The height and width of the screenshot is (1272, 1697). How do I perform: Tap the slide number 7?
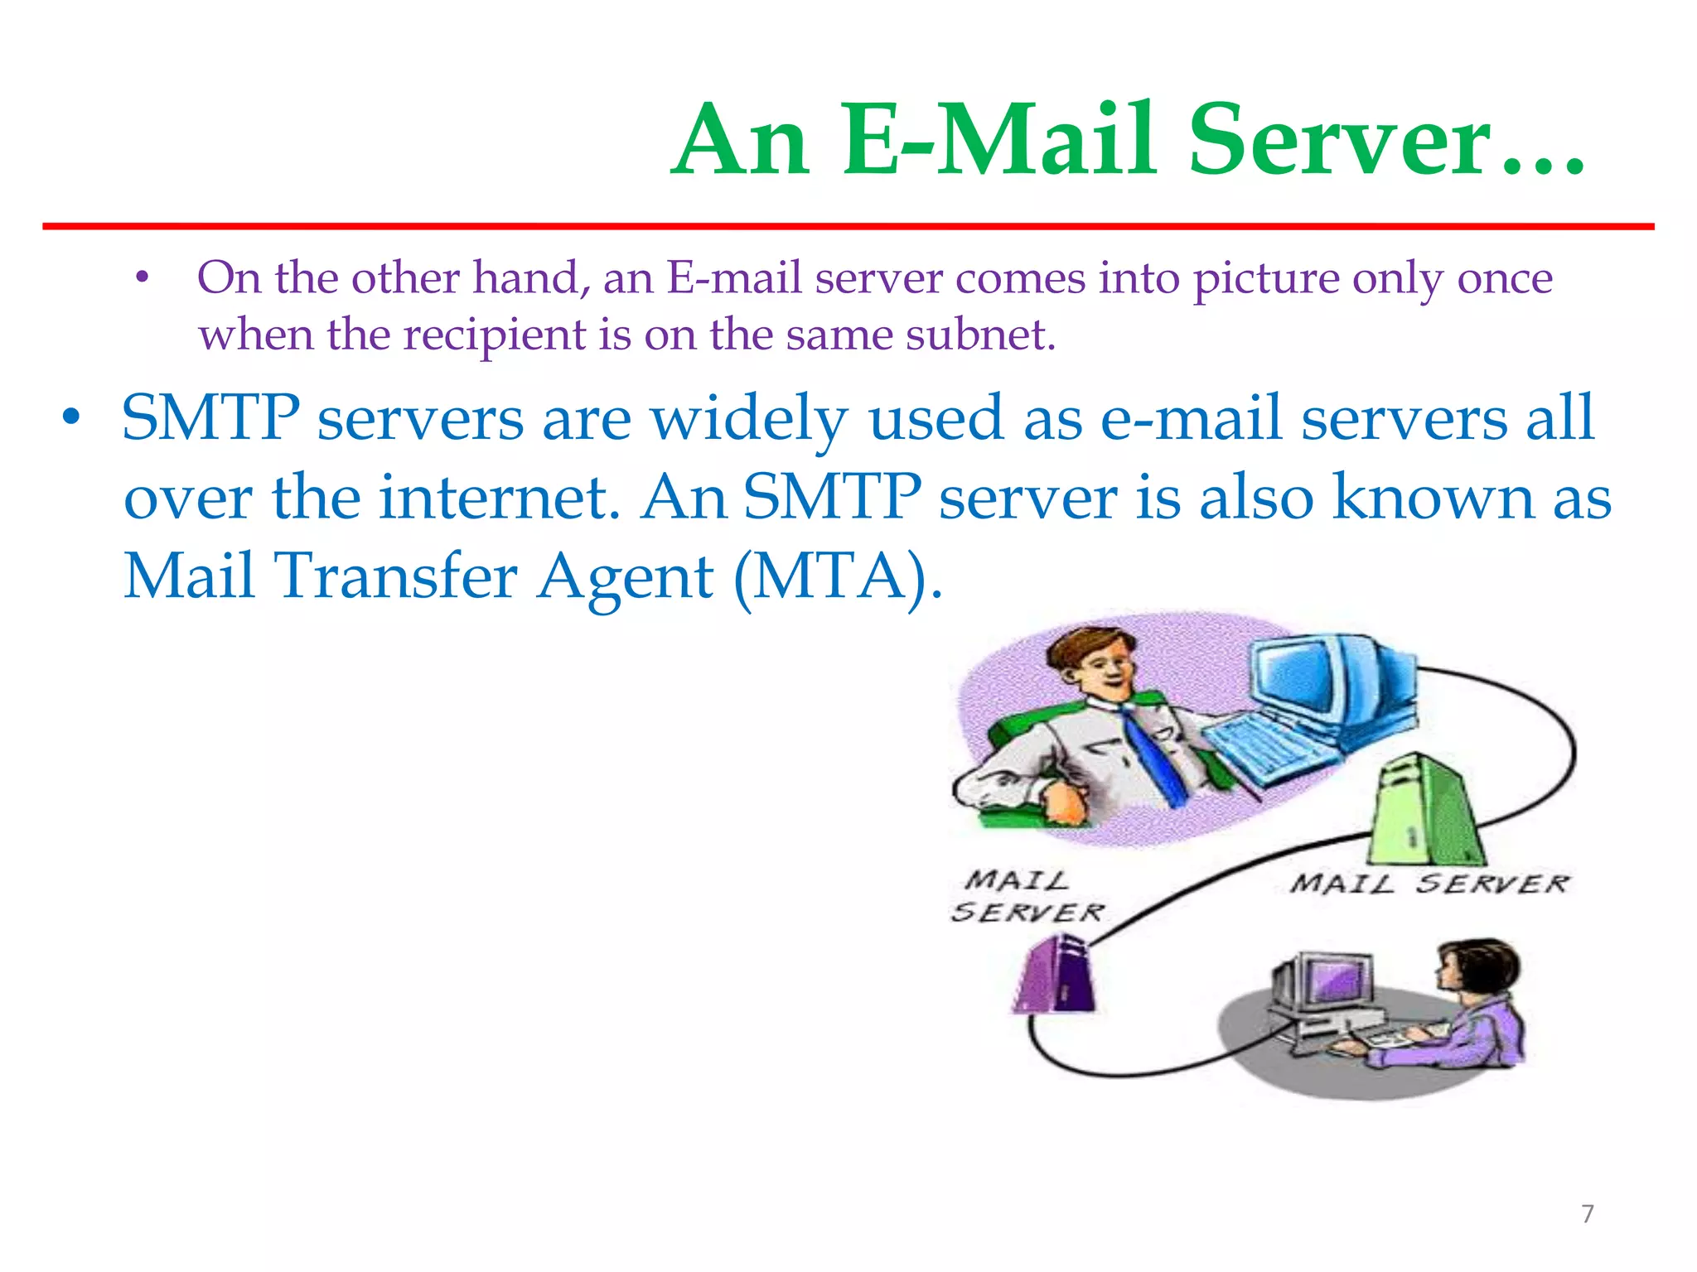[1588, 1214]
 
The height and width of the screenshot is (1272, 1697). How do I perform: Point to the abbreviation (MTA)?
[838, 577]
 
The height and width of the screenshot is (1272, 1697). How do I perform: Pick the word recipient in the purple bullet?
[495, 336]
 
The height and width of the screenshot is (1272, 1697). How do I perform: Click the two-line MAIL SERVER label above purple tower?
[1026, 896]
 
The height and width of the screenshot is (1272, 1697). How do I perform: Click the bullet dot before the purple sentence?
[143, 278]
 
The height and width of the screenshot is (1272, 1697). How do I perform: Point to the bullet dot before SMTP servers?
[72, 418]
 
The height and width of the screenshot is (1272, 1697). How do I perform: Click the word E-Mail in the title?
[998, 141]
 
